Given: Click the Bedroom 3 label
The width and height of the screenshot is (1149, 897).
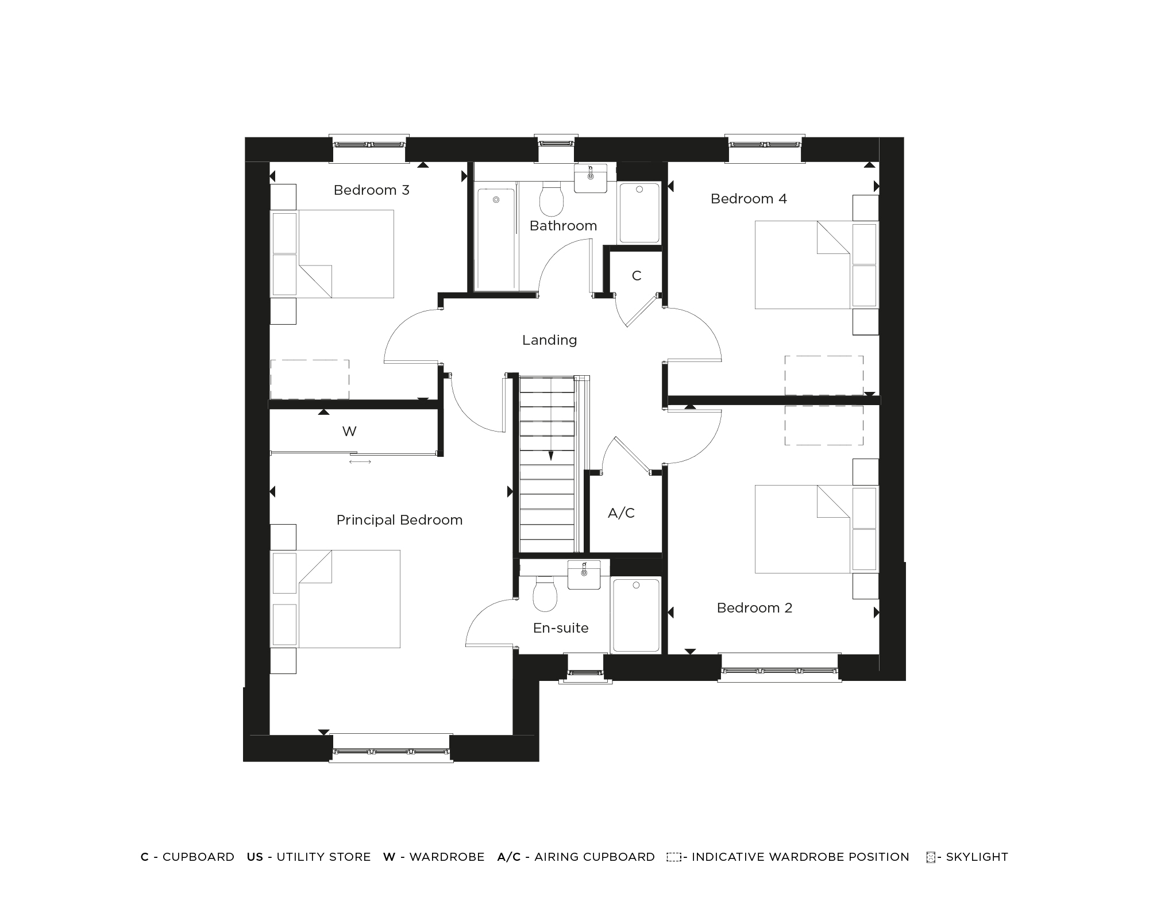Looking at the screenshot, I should [x=371, y=190].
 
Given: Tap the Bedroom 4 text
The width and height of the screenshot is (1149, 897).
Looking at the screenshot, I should [x=749, y=199].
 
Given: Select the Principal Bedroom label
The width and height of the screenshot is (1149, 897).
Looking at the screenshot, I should [x=399, y=520].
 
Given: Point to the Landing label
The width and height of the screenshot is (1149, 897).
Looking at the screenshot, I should [x=549, y=340].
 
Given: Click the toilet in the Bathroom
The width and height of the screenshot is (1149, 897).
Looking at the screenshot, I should [x=552, y=198].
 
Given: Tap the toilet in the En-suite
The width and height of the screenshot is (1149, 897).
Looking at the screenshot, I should [x=545, y=594].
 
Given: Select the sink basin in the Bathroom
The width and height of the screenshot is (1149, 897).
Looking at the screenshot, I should [x=591, y=178].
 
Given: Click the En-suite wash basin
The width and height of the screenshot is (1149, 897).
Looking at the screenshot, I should [x=584, y=574].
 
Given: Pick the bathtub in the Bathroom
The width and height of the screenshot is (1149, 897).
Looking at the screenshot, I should [x=496, y=236].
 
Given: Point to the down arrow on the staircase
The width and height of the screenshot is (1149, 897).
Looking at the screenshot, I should [x=550, y=456].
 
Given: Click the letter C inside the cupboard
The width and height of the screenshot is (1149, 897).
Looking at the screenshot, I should [x=636, y=276].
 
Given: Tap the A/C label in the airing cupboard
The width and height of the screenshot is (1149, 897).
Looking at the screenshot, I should [x=621, y=513].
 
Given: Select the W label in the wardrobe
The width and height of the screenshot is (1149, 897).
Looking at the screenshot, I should [x=349, y=432].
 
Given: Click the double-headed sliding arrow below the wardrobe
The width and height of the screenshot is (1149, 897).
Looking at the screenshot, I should [x=360, y=461].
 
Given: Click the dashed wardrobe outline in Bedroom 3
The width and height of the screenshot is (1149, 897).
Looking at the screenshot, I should [x=310, y=379].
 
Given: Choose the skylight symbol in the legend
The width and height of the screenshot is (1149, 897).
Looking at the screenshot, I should [x=931, y=857].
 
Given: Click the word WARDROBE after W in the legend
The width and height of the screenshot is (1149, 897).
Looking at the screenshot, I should [x=446, y=857].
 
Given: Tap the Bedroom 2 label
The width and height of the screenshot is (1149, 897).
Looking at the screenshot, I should [x=754, y=608].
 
